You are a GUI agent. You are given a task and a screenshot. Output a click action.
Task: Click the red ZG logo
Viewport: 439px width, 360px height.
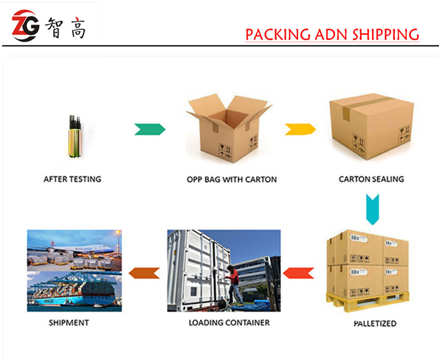click(26, 26)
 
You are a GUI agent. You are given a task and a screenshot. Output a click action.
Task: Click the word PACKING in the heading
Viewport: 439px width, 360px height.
click(278, 35)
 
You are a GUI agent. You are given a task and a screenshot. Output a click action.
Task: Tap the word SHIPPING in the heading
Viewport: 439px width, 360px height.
click(386, 35)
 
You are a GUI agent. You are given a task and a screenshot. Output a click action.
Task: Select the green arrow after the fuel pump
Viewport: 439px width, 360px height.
click(150, 129)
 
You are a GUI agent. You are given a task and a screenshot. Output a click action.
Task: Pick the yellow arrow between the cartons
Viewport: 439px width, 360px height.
click(300, 129)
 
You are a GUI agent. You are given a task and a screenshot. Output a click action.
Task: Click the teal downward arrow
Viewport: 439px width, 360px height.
click(373, 210)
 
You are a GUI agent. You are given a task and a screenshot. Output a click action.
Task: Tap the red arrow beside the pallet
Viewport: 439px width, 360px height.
click(299, 273)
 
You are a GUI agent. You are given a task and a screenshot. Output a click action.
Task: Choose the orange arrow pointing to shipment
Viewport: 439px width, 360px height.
click(144, 273)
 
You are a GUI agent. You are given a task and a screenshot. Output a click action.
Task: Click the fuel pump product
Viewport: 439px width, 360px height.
click(76, 136)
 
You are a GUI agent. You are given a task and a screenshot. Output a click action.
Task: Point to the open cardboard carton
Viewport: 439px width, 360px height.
click(229, 128)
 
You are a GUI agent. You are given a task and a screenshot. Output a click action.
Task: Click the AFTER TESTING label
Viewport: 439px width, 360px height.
click(72, 179)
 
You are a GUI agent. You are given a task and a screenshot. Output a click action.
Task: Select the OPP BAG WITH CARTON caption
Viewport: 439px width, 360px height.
click(232, 180)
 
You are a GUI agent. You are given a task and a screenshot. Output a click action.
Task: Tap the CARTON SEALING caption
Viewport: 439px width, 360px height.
click(372, 179)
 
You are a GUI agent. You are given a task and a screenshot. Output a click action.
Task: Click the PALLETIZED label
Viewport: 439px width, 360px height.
click(375, 324)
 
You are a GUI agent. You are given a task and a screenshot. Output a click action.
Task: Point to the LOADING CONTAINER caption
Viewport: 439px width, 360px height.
click(229, 323)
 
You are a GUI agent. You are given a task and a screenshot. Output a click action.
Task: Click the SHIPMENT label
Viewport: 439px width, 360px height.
click(69, 323)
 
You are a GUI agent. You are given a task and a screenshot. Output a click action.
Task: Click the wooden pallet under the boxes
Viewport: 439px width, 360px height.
click(368, 302)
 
